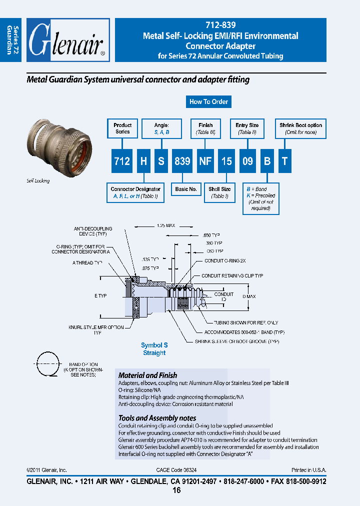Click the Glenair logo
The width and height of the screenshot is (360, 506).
point(67,40)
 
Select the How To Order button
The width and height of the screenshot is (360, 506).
point(208,101)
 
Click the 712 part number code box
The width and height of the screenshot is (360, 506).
point(122,161)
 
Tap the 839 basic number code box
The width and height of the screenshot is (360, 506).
point(182,161)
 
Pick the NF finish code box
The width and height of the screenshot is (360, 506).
point(205,161)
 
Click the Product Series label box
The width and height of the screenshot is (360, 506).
point(122,128)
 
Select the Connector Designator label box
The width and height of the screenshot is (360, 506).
point(135,192)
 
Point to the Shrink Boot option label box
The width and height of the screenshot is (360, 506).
point(300,128)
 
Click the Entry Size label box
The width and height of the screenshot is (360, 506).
point(247,128)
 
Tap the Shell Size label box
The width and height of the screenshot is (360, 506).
point(219,192)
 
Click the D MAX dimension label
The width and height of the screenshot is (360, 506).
point(248,296)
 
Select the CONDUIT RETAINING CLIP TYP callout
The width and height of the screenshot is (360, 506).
point(232,276)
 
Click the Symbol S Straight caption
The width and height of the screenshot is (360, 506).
point(154,349)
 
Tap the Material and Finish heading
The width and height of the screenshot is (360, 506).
point(147,375)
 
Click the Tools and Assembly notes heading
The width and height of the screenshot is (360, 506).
point(157,418)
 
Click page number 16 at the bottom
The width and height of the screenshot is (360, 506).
point(176,490)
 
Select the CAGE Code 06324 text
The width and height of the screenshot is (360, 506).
point(179,470)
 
